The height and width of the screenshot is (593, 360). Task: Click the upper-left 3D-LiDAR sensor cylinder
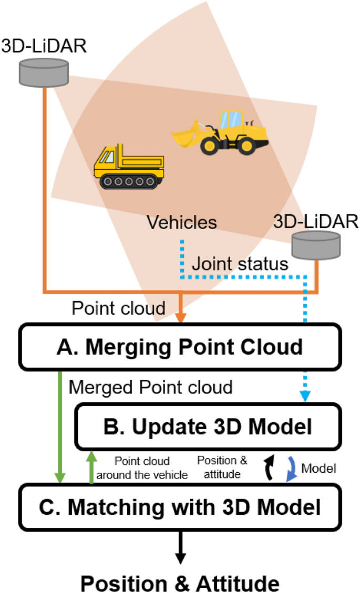[44, 72]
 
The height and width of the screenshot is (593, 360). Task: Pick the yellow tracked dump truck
[129, 167]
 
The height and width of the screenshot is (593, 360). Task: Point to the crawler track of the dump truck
[129, 181]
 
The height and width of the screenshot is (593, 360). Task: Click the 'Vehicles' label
[181, 222]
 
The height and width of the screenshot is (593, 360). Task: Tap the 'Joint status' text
[240, 263]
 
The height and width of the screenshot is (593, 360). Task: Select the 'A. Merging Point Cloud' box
[179, 347]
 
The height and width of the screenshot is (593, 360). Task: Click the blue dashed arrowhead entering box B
[307, 399]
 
